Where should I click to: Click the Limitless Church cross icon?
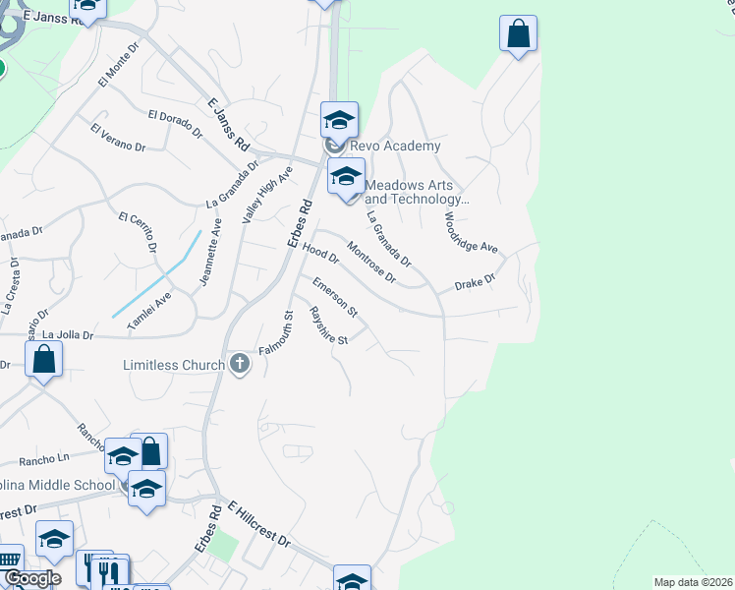coord(239,365)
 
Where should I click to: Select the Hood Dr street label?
coord(320,254)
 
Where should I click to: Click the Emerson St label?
coord(335,297)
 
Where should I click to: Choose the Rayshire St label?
coord(329,325)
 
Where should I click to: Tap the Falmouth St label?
coord(277,334)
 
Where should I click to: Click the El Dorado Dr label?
coord(175,122)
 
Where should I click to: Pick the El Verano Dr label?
coord(117,139)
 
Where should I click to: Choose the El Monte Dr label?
coord(113,72)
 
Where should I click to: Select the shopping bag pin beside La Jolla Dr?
coord(44,360)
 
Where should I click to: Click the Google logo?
coord(32,578)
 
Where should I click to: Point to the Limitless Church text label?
coord(174,366)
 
